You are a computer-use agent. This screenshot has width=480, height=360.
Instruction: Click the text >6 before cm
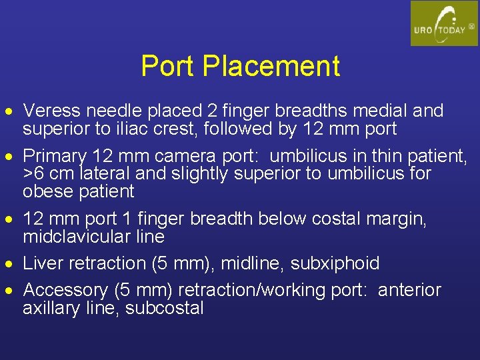(33, 174)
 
